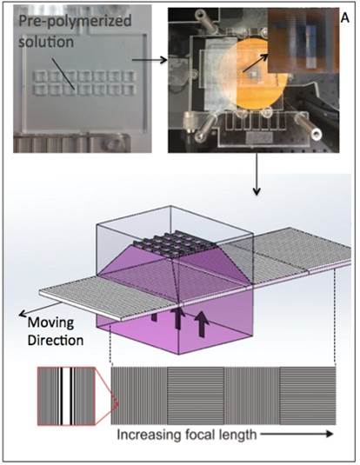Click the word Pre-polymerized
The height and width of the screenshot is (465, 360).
75,22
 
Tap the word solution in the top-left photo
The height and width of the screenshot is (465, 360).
46,41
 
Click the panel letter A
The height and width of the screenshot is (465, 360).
345,18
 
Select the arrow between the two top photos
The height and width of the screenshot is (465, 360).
150,60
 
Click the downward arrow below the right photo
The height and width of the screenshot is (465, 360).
257,174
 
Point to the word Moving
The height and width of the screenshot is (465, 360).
50,322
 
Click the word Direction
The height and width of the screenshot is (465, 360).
56,340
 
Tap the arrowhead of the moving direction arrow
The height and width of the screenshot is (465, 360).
22,314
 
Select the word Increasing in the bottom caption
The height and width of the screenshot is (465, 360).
145,435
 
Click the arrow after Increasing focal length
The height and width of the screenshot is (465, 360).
297,435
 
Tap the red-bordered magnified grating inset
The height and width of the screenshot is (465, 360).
66,396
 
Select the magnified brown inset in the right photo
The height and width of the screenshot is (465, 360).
303,40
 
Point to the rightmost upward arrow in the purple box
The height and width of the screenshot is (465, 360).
202,325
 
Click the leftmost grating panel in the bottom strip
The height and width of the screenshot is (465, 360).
139,396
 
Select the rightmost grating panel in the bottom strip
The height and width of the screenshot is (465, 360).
308,396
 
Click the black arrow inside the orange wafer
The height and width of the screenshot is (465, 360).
255,63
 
